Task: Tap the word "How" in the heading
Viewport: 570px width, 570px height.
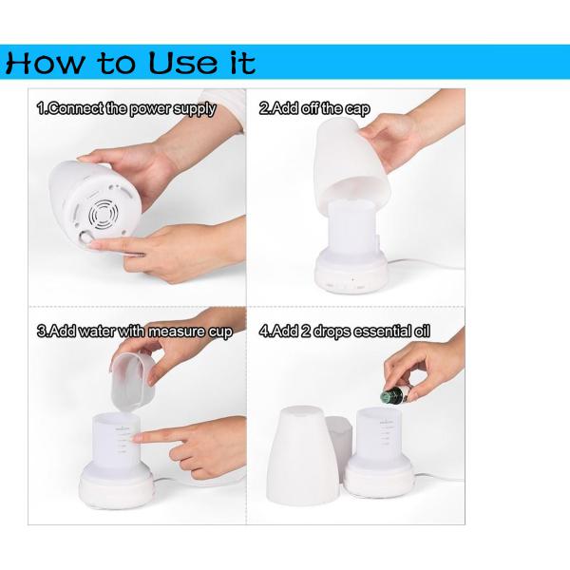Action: coord(45,63)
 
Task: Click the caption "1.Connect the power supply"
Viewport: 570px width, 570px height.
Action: coord(126,109)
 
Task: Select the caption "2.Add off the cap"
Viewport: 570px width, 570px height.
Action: coord(314,108)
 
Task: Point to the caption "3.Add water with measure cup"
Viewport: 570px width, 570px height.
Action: coord(135,332)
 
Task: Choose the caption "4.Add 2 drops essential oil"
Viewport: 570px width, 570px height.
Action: coord(344,332)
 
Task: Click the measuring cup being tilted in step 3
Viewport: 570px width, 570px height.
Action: coord(133,382)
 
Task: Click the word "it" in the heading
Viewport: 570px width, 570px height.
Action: coord(243,63)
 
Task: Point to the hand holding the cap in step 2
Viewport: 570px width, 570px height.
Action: coord(408,135)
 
